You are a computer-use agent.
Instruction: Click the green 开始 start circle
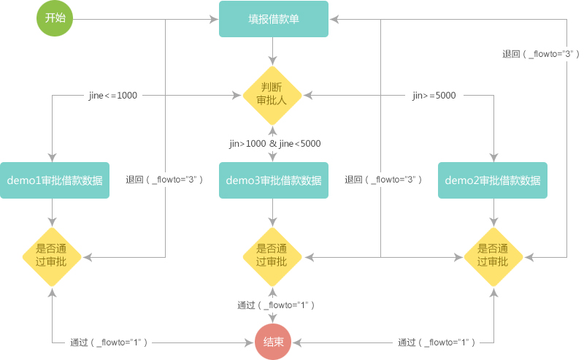tap(55, 19)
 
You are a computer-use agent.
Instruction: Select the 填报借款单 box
tap(274, 19)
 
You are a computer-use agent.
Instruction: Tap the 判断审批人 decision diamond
tap(273, 95)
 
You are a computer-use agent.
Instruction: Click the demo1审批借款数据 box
tap(55, 180)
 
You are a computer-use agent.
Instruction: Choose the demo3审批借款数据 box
tap(274, 180)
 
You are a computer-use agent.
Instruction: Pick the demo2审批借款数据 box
tap(493, 180)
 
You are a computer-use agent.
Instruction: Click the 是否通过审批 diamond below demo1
tap(52, 255)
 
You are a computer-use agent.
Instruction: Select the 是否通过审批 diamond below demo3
tap(272, 255)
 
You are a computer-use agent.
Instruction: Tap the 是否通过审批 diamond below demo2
tap(493, 255)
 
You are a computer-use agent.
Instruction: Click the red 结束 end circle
tap(274, 342)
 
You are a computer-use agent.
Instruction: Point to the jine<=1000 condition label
tap(112, 95)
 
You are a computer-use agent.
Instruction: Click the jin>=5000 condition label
tap(434, 95)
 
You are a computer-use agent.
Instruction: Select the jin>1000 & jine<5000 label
tap(275, 144)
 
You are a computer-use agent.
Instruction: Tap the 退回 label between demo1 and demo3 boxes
tap(164, 180)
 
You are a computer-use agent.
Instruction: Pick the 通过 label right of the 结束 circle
tap(437, 342)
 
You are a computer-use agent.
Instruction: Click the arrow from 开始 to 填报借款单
tap(146, 19)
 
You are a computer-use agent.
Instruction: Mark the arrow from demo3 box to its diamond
tap(273, 212)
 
